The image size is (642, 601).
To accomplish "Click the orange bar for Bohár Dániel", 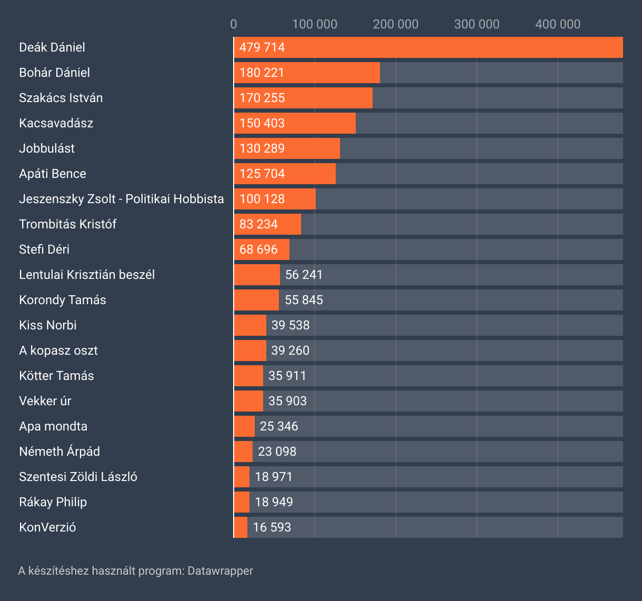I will (307, 73).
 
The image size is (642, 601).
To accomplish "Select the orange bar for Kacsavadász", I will (295, 123).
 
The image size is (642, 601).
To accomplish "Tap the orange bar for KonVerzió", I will (240, 527).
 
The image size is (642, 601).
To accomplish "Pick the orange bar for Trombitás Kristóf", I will (267, 224).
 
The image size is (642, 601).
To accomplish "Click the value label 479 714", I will (262, 47).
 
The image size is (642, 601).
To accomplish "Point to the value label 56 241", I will (304, 275).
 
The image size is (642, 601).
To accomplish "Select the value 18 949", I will (274, 502).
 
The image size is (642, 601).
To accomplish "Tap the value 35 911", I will (287, 376).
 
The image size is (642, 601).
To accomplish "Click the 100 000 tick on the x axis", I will (315, 24).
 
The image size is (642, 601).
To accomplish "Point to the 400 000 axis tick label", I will (558, 24).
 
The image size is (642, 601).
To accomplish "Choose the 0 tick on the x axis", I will (234, 24).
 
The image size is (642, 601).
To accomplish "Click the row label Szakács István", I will (61, 98).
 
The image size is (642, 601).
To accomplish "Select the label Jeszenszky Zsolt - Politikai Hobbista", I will (122, 199).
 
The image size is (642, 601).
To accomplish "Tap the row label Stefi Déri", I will (44, 249).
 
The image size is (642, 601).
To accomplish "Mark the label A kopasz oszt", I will (58, 350).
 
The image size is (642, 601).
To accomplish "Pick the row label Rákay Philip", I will (53, 502).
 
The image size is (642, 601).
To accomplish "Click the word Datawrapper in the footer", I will (220, 570).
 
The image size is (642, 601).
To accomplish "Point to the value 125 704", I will (262, 174).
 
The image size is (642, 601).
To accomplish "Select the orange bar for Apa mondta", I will (244, 426).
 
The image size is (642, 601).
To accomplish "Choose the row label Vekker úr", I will (45, 401).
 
